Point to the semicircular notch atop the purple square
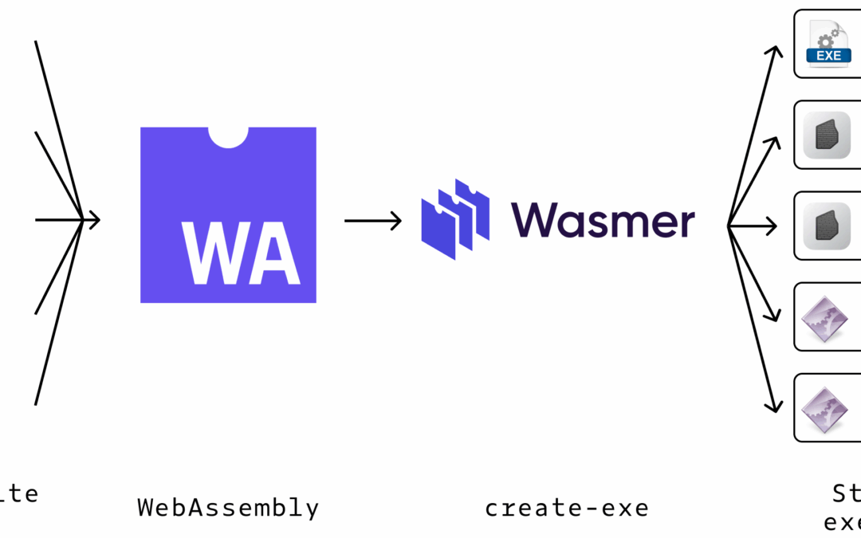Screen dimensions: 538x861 tap(228, 136)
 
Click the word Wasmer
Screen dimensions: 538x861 tap(603, 220)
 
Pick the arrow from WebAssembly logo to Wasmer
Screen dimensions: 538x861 tap(372, 221)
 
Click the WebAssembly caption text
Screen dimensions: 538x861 tap(228, 508)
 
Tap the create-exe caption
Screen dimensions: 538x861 tap(567, 508)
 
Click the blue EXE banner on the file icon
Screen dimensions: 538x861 tap(829, 55)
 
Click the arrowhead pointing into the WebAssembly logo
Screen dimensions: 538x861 tap(94, 219)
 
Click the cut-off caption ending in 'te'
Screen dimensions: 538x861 tap(19, 493)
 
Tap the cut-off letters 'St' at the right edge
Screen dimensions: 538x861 tap(847, 493)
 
